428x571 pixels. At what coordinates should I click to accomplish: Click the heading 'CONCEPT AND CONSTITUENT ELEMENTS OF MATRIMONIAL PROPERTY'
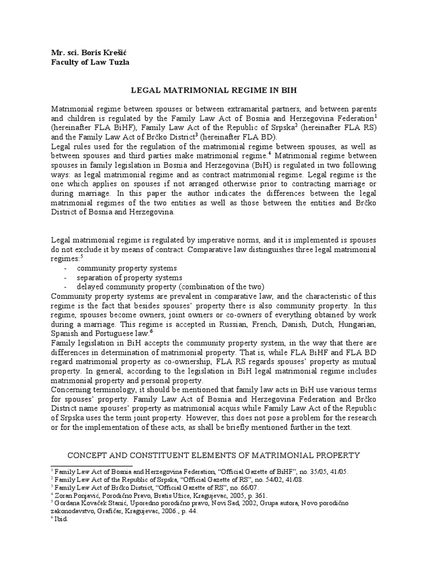pyautogui.click(x=215, y=456)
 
